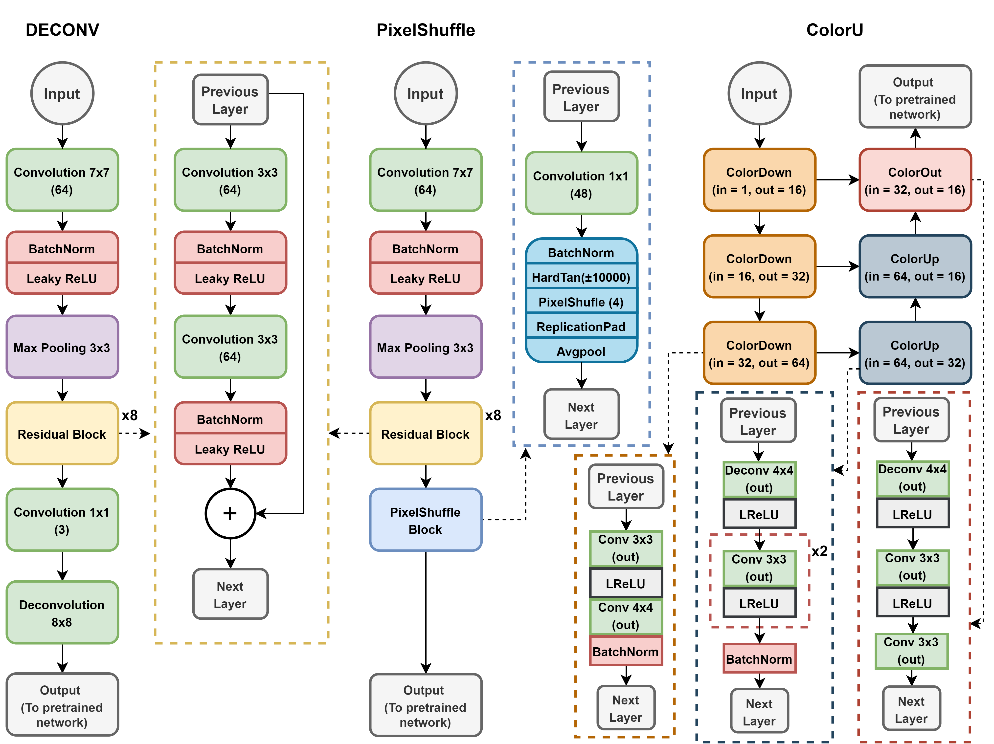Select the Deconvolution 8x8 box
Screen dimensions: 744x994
click(x=62, y=613)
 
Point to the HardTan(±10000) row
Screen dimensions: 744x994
click(x=581, y=277)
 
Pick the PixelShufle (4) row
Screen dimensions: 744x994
click(x=581, y=302)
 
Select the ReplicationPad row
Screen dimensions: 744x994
click(x=581, y=327)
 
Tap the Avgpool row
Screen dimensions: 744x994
click(x=581, y=351)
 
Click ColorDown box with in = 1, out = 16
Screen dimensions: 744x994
click(x=759, y=180)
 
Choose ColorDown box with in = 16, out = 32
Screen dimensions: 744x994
click(x=759, y=267)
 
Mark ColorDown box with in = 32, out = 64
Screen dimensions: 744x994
click(x=759, y=353)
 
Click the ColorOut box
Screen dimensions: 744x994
click(x=915, y=180)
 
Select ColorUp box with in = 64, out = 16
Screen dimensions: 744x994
click(x=915, y=267)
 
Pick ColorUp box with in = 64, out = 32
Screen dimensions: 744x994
click(x=915, y=353)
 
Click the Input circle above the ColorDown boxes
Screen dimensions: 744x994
click(x=759, y=93)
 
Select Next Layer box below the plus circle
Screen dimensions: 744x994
click(x=230, y=594)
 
